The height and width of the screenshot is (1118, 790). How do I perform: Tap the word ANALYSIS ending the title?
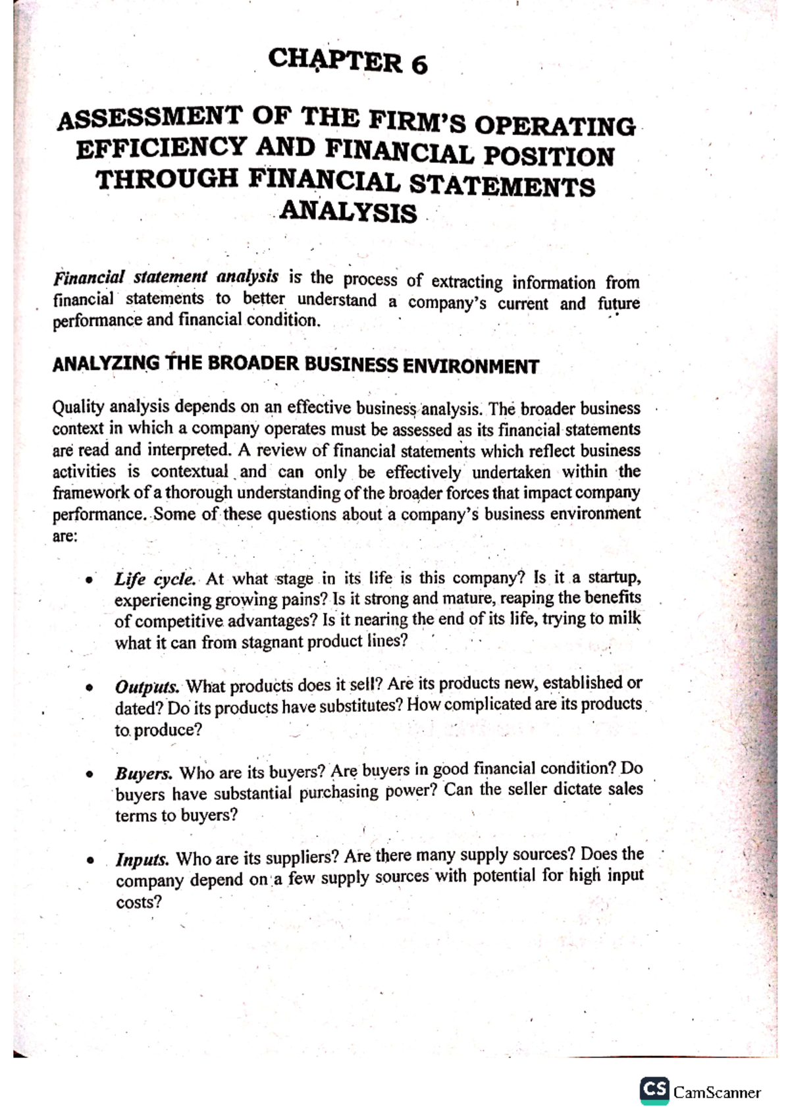pos(348,213)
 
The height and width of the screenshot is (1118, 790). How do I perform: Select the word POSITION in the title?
pos(549,157)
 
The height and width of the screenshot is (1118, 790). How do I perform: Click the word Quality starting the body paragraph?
pos(78,407)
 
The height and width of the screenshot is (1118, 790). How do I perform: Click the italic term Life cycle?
pos(155,579)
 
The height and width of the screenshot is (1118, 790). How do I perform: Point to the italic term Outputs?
pos(147,687)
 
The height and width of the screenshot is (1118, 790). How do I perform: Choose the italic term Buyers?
pos(144,773)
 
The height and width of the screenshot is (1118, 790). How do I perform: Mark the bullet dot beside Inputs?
pos(88,861)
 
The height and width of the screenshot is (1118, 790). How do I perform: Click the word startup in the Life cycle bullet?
pos(612,577)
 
